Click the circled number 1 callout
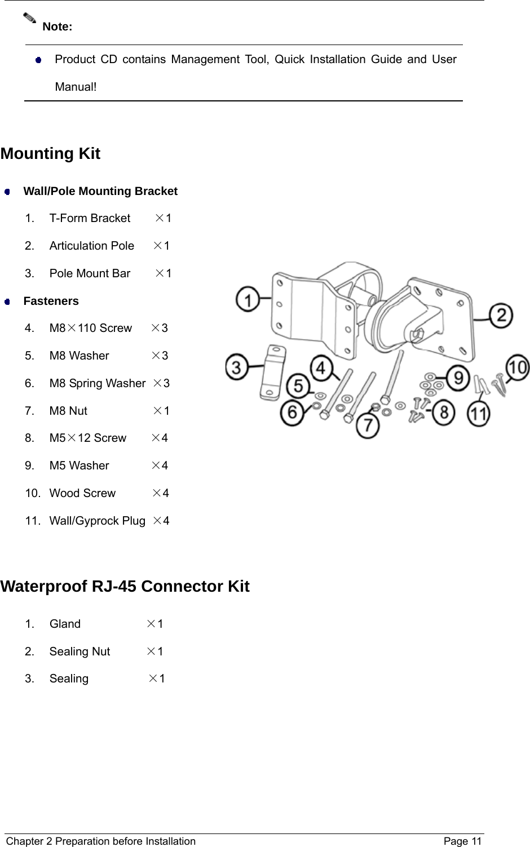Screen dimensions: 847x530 coord(248,299)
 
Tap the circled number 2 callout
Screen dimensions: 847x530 coord(501,316)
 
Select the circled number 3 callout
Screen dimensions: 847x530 coord(237,367)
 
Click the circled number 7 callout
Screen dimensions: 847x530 coord(368,424)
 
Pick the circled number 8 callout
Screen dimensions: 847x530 coord(444,412)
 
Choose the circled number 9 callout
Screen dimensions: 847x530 coord(458,377)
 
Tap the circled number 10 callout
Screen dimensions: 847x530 coord(517,367)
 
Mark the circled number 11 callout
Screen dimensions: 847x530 coord(479,414)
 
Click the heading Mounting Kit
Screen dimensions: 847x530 coord(51,153)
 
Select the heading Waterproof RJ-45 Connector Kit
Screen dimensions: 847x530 coord(125,586)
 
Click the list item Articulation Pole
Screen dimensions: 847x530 coord(92,246)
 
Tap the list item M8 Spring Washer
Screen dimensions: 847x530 coord(98,383)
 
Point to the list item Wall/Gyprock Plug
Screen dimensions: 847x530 coord(98,521)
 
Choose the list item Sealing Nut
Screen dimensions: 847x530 coord(80,651)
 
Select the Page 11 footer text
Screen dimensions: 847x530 coord(462,841)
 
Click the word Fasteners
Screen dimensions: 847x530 coord(51,301)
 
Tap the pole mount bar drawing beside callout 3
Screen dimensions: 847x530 coord(272,374)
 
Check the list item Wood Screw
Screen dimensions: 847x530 coord(83,493)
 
